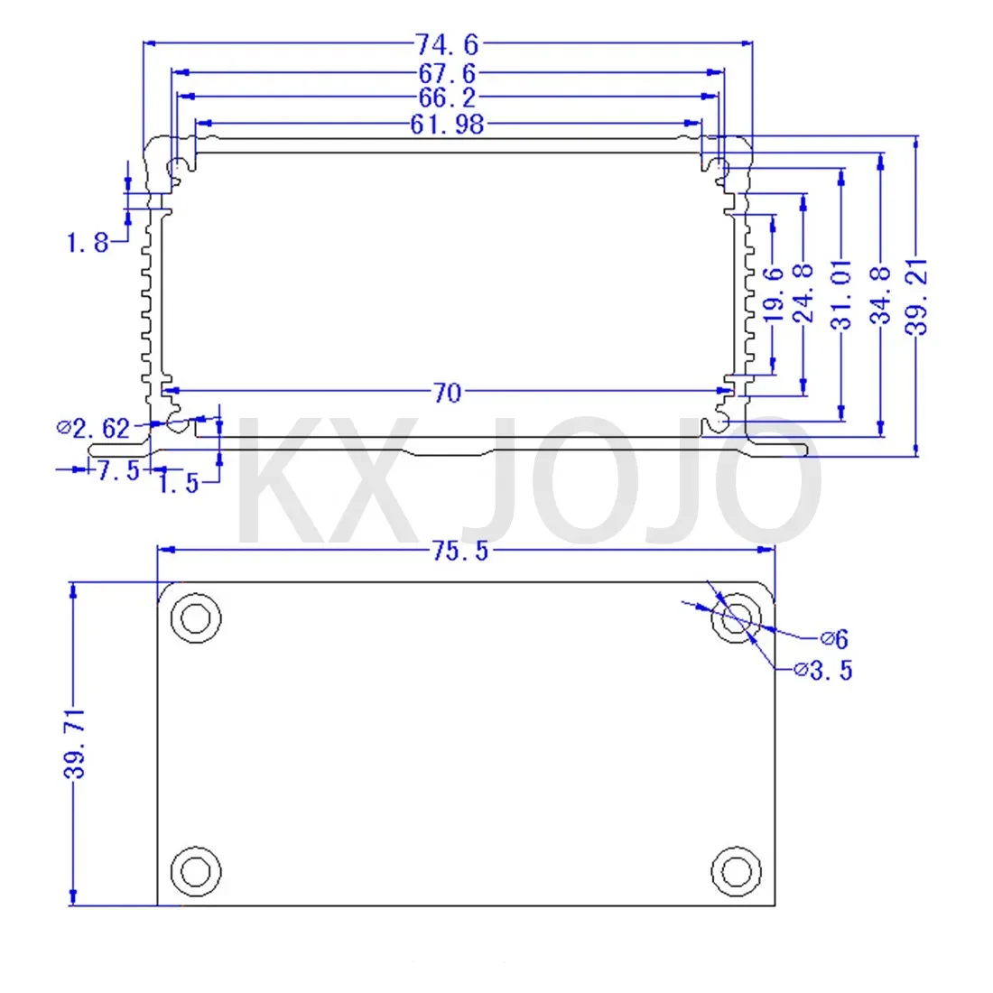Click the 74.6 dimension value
coord(447,42)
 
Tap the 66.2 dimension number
coord(447,97)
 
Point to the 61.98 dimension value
coord(447,124)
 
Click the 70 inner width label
coord(447,393)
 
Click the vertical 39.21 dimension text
coord(917,296)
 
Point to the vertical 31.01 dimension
coord(842,296)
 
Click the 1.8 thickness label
coord(88,242)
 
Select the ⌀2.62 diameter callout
coord(94,427)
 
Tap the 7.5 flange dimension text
coord(117,470)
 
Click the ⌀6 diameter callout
coord(835,639)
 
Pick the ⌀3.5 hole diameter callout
coord(822,670)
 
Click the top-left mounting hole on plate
coord(195,618)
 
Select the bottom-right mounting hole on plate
coord(736,871)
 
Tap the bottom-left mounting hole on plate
coord(195,871)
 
